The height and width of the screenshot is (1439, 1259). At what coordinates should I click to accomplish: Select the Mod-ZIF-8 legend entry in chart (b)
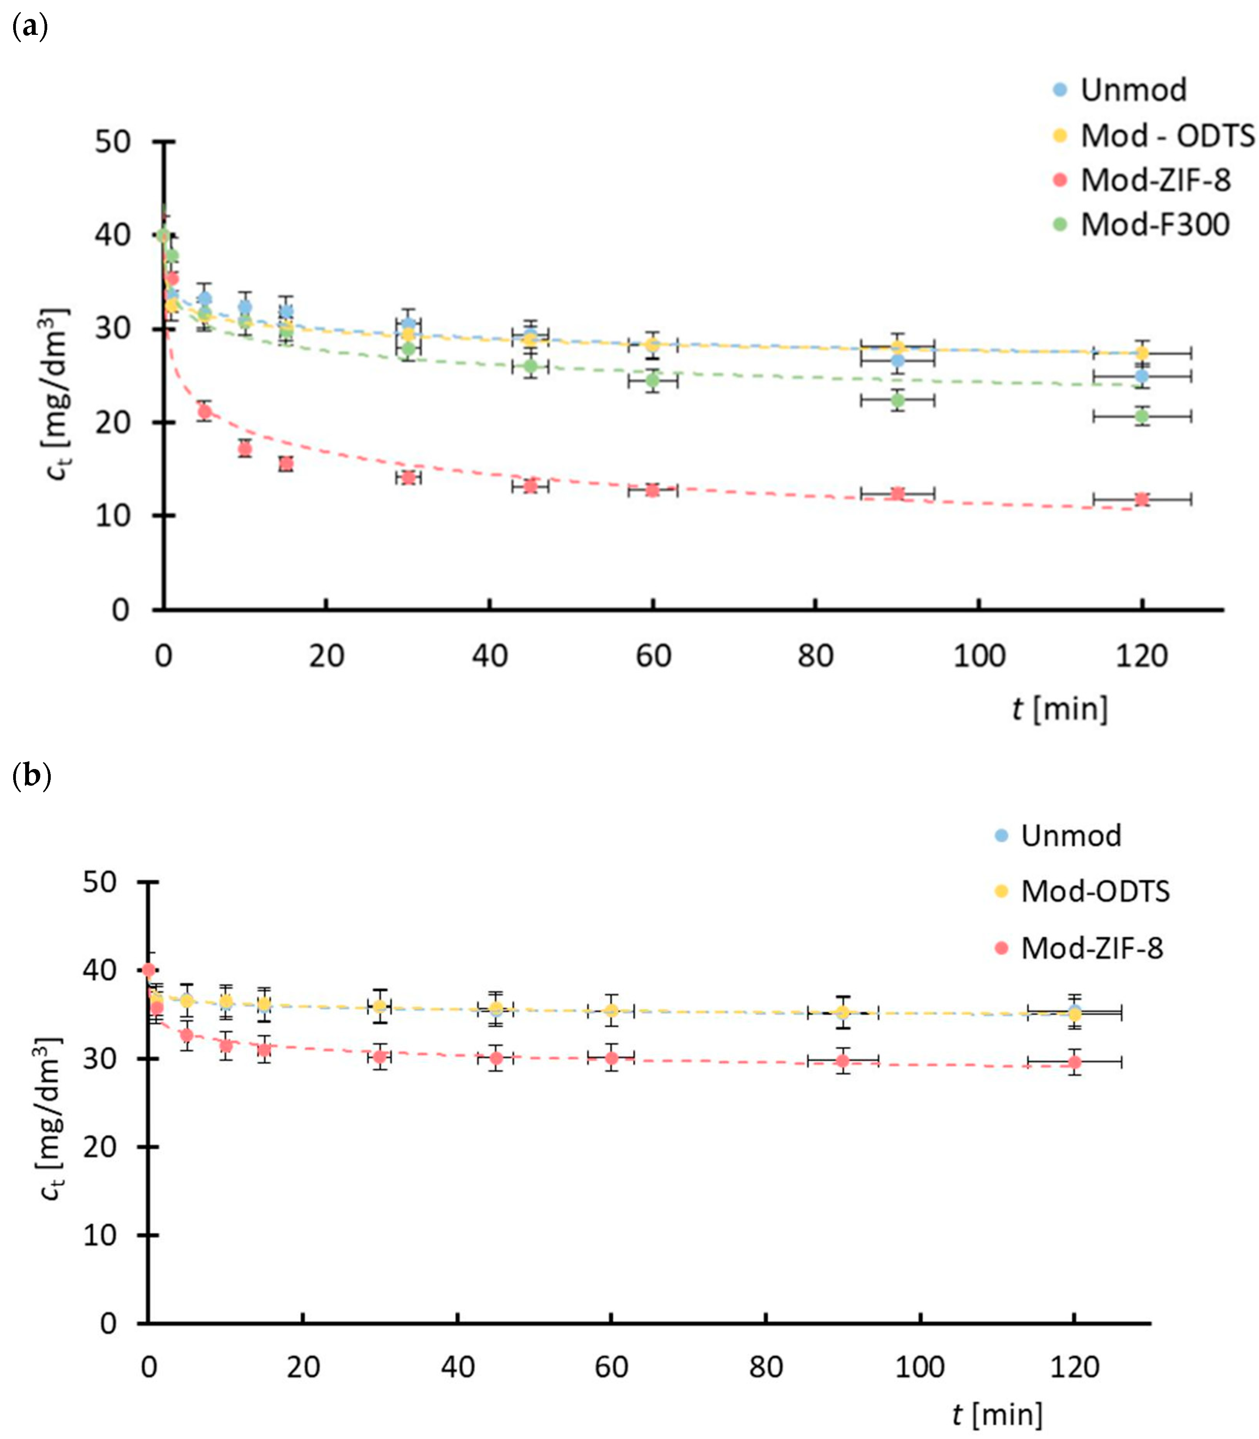pos(1091,948)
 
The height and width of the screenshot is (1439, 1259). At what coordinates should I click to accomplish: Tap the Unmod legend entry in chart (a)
pos(1132,90)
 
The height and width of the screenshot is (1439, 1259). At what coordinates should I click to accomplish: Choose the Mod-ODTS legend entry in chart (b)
pos(1094,891)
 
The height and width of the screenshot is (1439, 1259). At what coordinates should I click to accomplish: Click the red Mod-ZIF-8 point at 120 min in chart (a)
pos(1142,499)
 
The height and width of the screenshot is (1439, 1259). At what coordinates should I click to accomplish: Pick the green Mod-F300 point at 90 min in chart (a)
pos(897,400)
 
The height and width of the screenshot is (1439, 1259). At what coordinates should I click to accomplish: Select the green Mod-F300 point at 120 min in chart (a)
pos(1142,416)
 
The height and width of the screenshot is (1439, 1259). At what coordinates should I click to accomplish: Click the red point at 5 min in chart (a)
pos(204,411)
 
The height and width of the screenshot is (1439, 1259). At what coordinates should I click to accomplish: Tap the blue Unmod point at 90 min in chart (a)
pos(897,361)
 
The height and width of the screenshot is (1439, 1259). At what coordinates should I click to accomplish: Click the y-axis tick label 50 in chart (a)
pos(113,142)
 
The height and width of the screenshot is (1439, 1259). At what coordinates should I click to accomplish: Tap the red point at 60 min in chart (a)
pos(653,490)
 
